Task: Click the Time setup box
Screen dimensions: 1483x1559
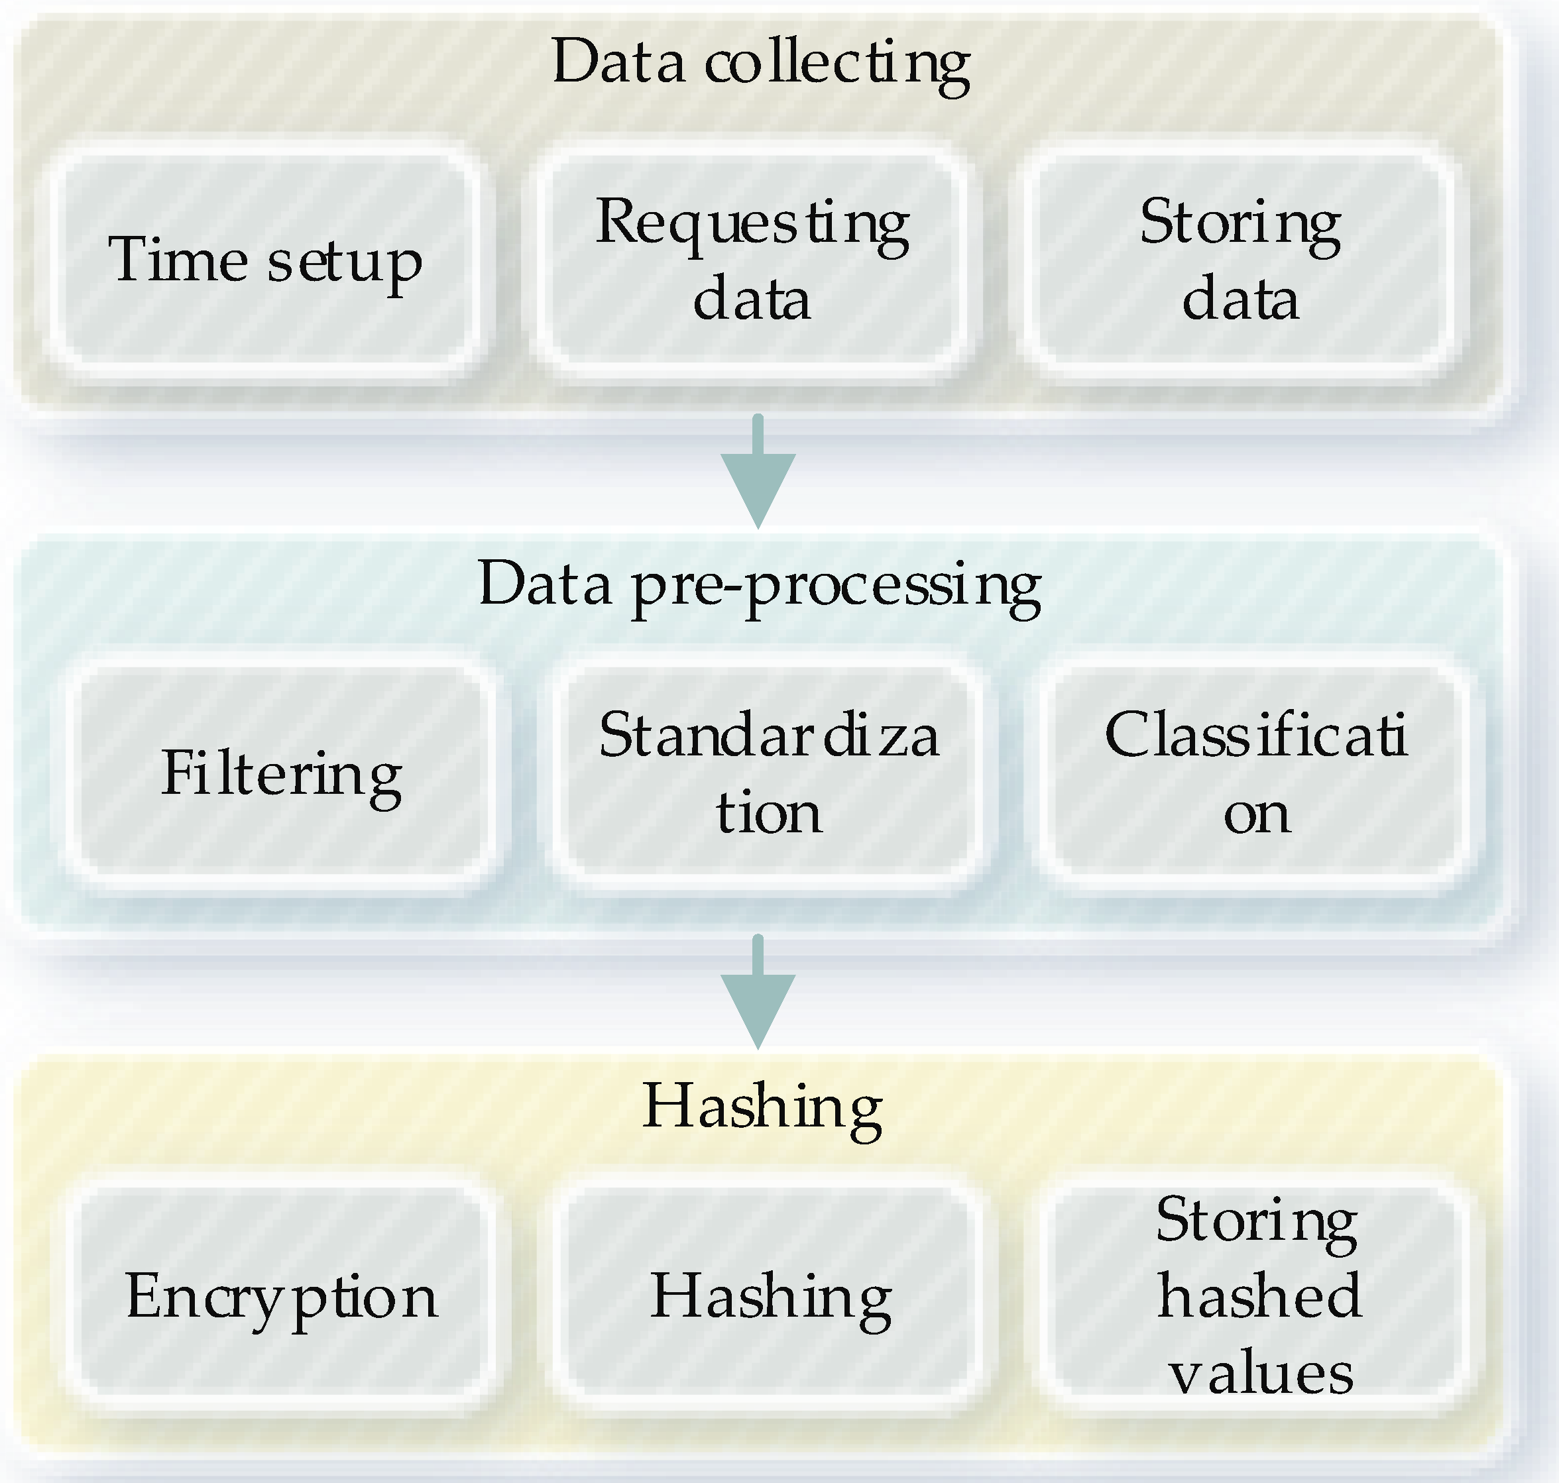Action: click(x=265, y=259)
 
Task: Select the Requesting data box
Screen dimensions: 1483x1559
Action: click(x=752, y=259)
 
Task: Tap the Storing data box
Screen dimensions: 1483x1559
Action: click(x=1239, y=259)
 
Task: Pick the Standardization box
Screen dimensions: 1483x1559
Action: click(x=768, y=773)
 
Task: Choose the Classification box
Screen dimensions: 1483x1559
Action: click(x=1255, y=773)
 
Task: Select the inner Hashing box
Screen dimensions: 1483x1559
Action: click(x=768, y=1296)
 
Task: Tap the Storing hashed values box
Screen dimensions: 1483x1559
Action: click(x=1255, y=1296)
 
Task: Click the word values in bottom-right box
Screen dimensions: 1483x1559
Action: click(x=1260, y=1374)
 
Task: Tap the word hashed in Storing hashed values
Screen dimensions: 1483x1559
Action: click(x=1259, y=1296)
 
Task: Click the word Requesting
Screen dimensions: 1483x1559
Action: click(x=752, y=224)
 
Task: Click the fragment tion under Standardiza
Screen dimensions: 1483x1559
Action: click(x=768, y=812)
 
